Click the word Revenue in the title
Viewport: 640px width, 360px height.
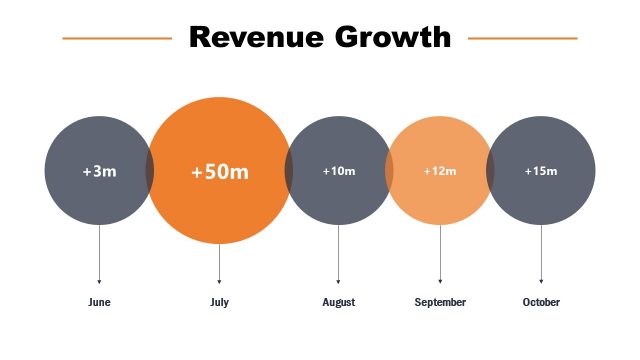255,38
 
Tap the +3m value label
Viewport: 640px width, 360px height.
99,172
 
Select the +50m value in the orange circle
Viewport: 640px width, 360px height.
220,172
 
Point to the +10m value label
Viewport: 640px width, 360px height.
339,171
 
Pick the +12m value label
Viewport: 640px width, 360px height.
440,171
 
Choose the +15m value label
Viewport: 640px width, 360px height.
541,171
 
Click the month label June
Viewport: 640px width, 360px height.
99,302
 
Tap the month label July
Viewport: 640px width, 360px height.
220,302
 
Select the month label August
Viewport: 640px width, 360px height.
339,302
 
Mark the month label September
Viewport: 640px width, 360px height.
440,302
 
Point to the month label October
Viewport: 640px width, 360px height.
541,302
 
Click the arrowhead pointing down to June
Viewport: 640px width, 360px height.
99,281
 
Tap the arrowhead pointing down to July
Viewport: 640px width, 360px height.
220,281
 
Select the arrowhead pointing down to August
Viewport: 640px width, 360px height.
339,281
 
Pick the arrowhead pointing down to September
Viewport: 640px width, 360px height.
440,281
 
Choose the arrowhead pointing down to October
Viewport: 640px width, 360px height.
541,281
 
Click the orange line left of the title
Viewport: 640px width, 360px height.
117,39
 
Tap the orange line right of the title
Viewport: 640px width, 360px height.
522,39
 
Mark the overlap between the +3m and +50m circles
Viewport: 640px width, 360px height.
150,171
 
